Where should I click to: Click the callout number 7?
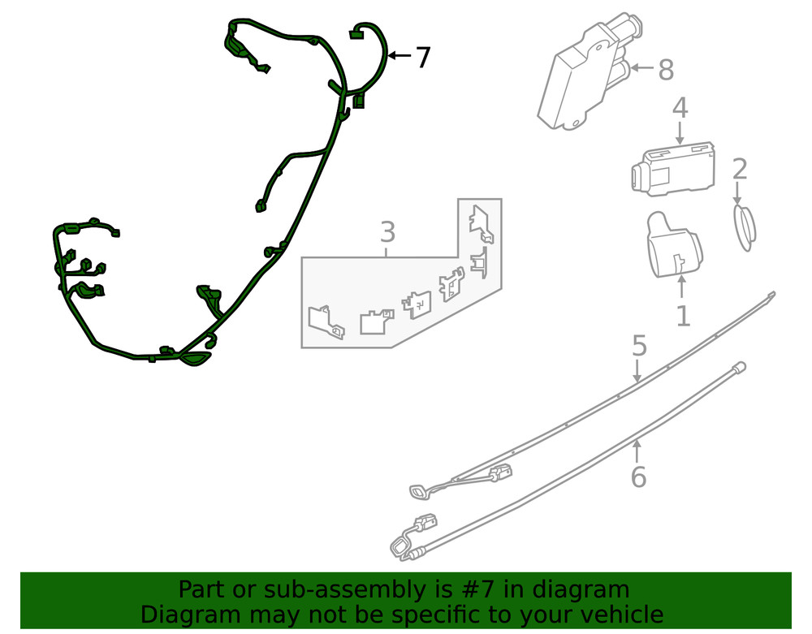tap(423, 57)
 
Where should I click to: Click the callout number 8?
tap(666, 69)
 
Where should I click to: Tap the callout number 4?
tap(680, 108)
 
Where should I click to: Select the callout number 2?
tap(740, 169)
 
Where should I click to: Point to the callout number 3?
tap(388, 232)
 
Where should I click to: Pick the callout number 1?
tap(684, 316)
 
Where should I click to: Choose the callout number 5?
tap(640, 346)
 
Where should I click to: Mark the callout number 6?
tap(638, 477)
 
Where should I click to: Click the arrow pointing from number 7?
tap(400, 55)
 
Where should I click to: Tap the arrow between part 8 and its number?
tap(642, 67)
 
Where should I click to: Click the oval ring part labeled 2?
tap(745, 228)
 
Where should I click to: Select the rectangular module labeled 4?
tap(673, 168)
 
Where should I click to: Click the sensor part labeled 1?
tap(673, 245)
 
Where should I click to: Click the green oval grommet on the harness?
tap(195, 359)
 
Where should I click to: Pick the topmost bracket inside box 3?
tap(481, 223)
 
